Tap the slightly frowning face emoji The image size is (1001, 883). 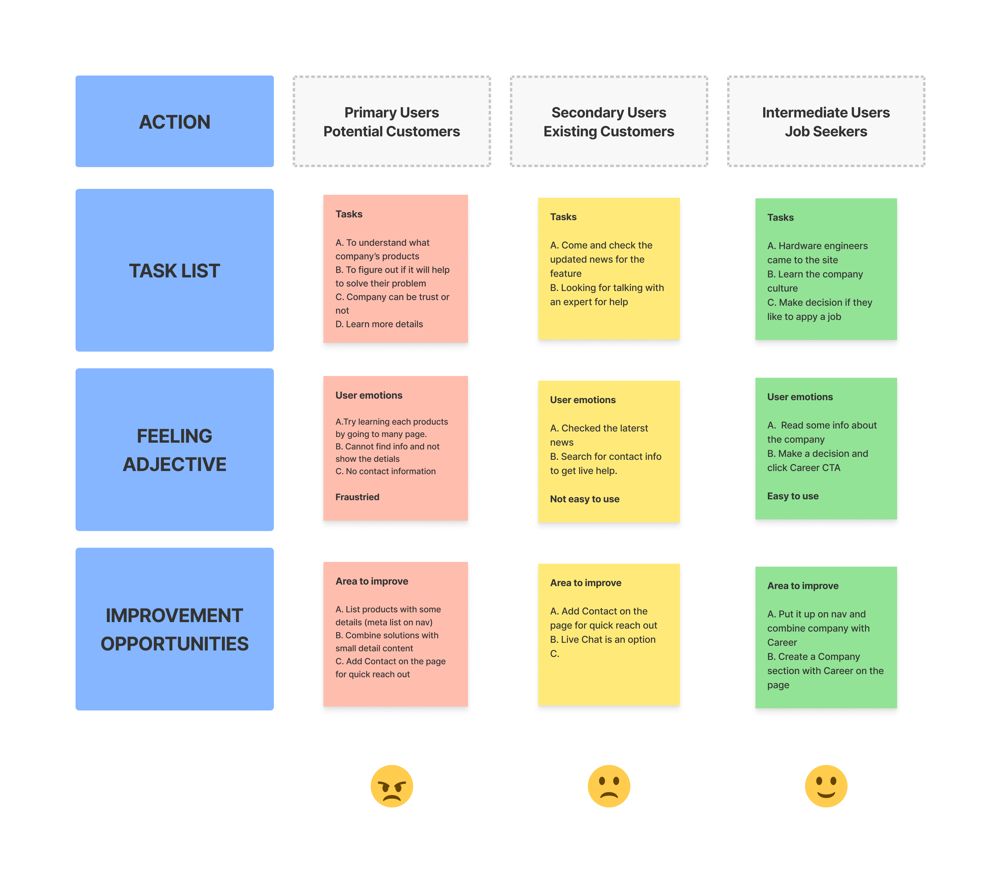click(x=609, y=786)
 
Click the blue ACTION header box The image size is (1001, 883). click(x=174, y=122)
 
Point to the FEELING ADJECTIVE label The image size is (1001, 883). click(x=174, y=449)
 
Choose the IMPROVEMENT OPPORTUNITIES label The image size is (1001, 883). click(x=174, y=629)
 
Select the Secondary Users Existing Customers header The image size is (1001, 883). click(x=609, y=122)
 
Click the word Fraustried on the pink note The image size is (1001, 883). click(x=357, y=497)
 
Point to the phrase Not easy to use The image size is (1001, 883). click(x=584, y=499)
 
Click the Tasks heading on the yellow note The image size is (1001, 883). click(x=563, y=217)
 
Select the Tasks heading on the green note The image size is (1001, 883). click(x=780, y=218)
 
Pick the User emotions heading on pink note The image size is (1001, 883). click(x=369, y=395)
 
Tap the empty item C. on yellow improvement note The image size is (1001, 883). click(x=555, y=654)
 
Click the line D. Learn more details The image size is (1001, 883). click(x=379, y=324)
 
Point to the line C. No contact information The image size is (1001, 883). click(x=385, y=471)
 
